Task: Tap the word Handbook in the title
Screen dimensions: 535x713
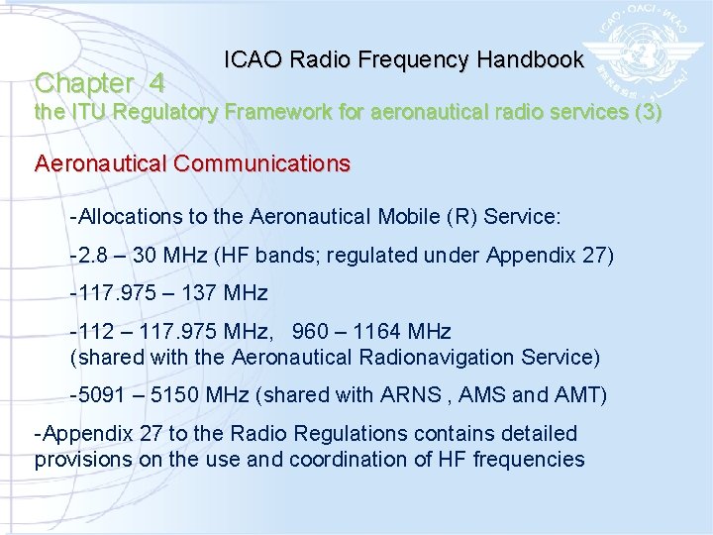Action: point(530,59)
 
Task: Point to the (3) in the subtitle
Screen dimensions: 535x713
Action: point(648,112)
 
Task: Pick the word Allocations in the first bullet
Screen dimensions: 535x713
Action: point(127,216)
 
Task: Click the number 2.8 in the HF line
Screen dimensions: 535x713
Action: point(92,257)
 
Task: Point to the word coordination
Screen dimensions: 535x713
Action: point(333,460)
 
